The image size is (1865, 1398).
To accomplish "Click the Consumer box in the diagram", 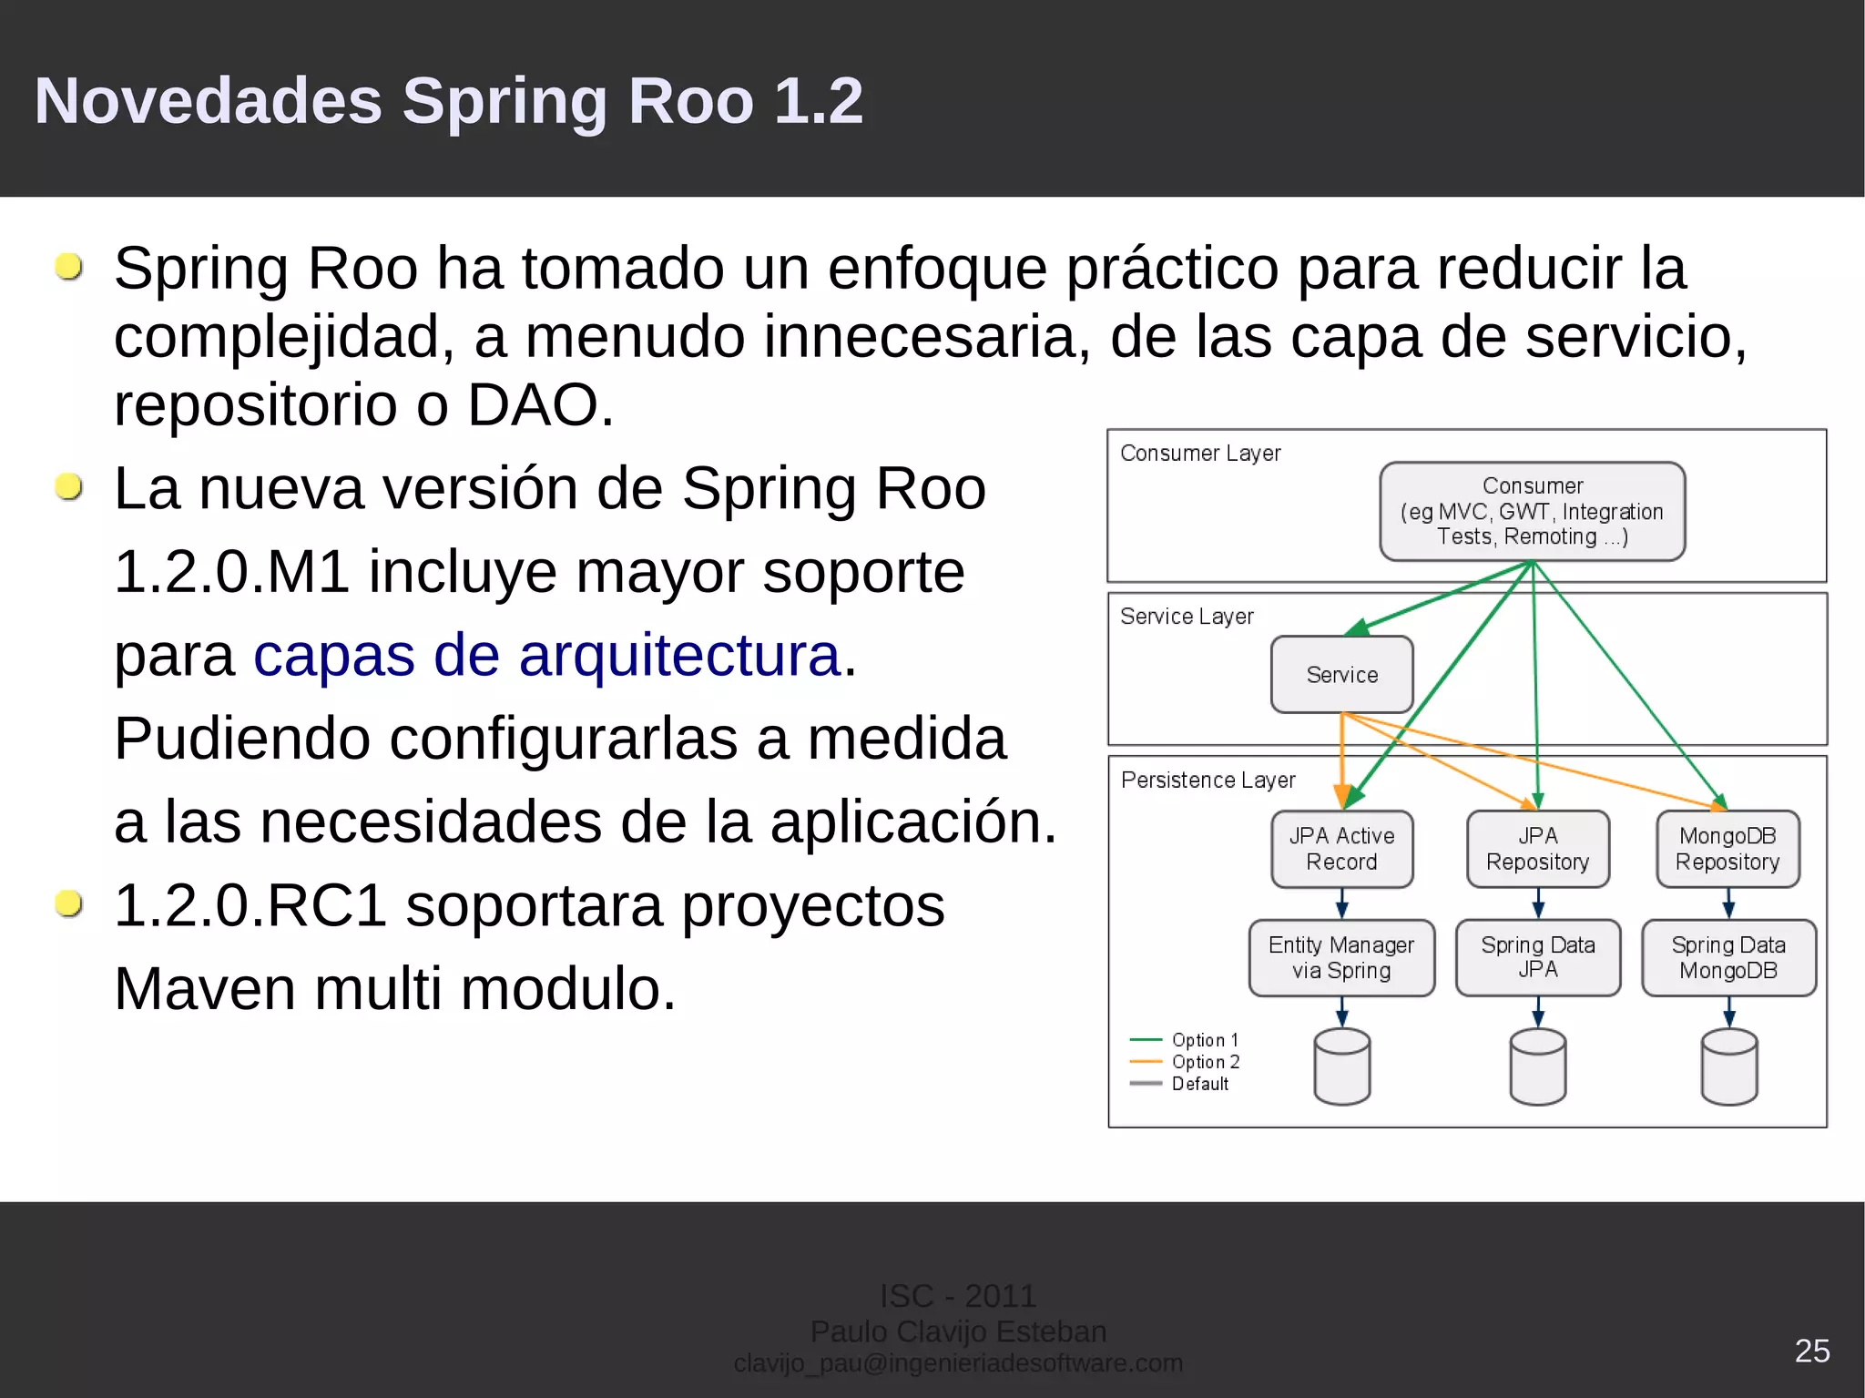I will (x=1532, y=511).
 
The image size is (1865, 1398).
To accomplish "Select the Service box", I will (x=1341, y=675).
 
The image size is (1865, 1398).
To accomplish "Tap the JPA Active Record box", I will (x=1341, y=849).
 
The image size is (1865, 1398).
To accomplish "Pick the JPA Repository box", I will (x=1537, y=849).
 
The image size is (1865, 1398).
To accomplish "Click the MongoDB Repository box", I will (x=1727, y=849).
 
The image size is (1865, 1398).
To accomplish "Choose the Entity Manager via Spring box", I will (x=1341, y=957).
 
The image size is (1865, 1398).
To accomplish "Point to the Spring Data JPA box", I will (x=1537, y=957).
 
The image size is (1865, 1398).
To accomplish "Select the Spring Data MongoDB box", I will (x=1727, y=957).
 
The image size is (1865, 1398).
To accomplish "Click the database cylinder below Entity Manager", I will (x=1341, y=1066).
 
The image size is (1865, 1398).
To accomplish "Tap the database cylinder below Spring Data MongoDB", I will (x=1728, y=1066).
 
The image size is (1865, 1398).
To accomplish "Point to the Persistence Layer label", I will (x=1208, y=781).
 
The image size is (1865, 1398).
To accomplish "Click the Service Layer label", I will (x=1187, y=617).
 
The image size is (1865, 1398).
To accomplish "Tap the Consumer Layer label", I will (x=1199, y=454).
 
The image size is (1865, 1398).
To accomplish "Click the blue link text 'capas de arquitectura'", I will (x=546, y=655).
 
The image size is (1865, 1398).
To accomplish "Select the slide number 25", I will (x=1811, y=1351).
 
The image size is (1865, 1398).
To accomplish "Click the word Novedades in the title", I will (x=208, y=100).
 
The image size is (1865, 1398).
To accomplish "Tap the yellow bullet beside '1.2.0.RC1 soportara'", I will (x=68, y=903).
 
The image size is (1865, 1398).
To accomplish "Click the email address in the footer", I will (x=958, y=1363).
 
